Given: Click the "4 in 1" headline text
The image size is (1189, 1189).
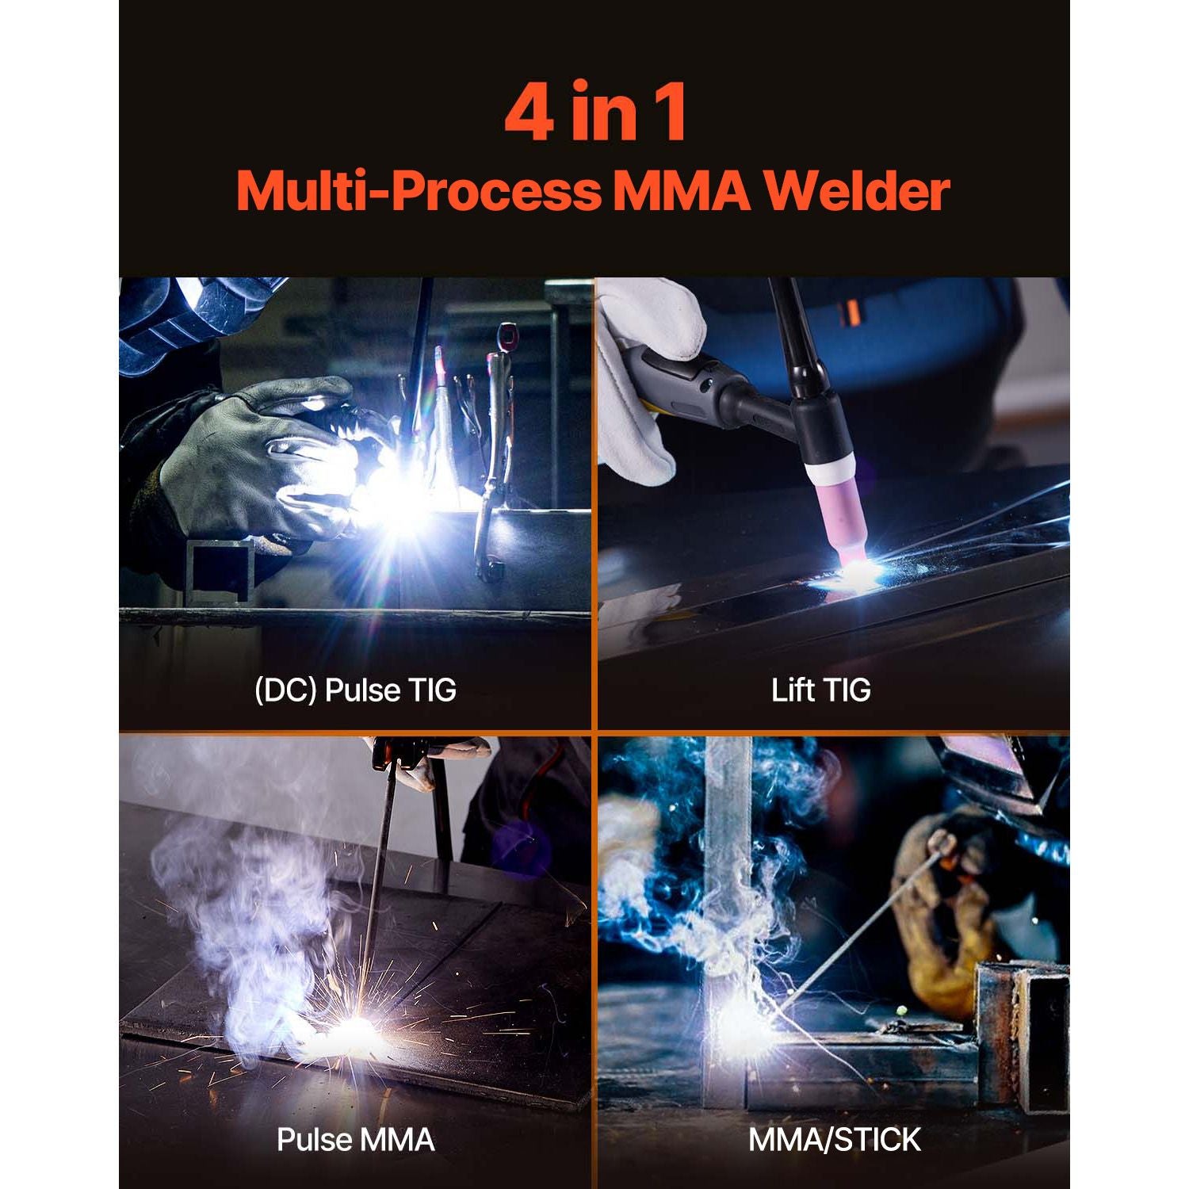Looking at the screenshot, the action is [x=595, y=112].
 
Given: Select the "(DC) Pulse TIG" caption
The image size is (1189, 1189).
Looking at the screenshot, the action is [x=355, y=690].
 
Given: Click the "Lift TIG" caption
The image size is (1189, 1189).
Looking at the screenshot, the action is [x=821, y=690].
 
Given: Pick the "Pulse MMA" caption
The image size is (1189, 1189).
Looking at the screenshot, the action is [x=355, y=1140].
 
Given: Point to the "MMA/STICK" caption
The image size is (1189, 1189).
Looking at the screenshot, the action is [x=834, y=1140].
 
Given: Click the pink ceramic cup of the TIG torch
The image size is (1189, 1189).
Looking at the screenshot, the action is [x=839, y=515].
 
